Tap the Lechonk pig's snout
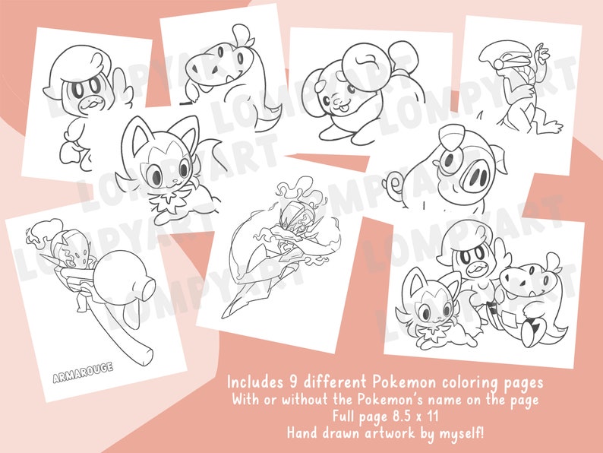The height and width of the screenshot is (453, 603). coord(475,179)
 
